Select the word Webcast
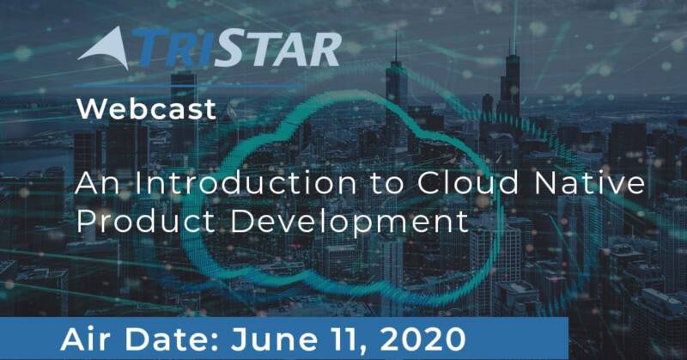click(x=146, y=109)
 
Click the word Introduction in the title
click(x=246, y=182)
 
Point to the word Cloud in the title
click(x=467, y=182)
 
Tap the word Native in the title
click(x=590, y=182)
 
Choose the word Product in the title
click(x=145, y=221)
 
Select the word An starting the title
click(x=97, y=182)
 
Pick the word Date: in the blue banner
click(x=171, y=339)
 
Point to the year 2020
click(x=423, y=339)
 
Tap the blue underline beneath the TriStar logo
click(x=189, y=86)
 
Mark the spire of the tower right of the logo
click(x=396, y=46)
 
